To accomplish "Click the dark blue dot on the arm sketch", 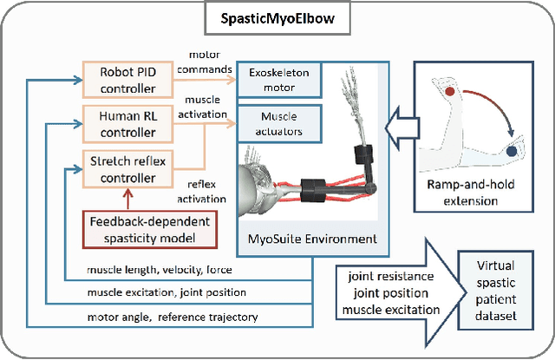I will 513,151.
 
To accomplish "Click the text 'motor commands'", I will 209,62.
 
